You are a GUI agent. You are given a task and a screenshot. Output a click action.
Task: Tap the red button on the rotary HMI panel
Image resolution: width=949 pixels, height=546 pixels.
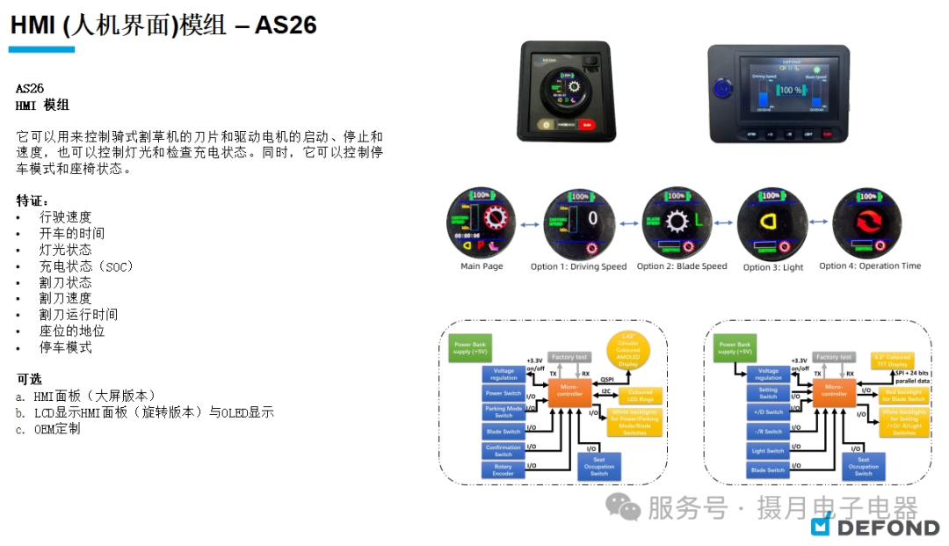[x=586, y=126]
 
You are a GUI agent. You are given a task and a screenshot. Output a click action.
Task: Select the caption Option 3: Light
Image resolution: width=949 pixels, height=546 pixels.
[x=773, y=266]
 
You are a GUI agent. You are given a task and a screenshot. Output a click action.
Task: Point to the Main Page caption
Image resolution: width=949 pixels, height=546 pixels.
[x=482, y=266]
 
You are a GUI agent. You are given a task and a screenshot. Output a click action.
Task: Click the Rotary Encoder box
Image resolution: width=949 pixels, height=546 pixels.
[x=503, y=470]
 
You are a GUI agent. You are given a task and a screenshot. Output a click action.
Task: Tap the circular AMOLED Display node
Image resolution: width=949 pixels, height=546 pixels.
[x=628, y=350]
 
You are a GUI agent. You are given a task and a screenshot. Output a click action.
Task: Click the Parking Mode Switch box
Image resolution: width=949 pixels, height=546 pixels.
[x=503, y=412]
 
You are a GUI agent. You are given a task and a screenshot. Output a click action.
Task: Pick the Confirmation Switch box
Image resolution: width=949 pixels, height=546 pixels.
[x=503, y=451]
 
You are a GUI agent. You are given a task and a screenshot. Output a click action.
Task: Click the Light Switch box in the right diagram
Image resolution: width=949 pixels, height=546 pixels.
[x=768, y=451]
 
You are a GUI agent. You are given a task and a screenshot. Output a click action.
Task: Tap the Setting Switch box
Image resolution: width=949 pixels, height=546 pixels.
[x=768, y=393]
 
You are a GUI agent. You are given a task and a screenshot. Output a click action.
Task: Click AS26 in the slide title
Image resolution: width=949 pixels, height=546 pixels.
[x=286, y=25]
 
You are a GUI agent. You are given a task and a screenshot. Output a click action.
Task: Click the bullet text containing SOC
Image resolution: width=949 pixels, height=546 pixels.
[x=86, y=266]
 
